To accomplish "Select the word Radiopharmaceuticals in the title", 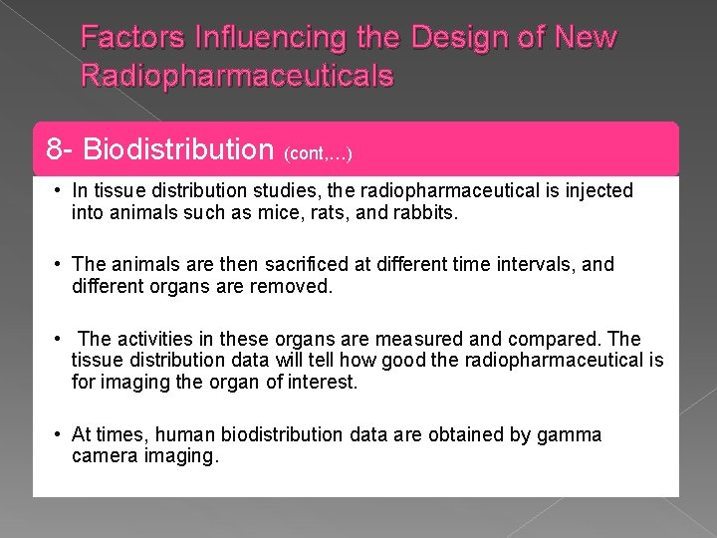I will [237, 75].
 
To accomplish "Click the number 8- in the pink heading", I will [61, 149].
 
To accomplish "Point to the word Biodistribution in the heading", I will [179, 149].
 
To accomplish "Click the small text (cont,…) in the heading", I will [319, 153].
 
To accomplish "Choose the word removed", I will [296, 286].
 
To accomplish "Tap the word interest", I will [322, 382].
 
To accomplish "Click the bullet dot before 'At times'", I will [61, 434].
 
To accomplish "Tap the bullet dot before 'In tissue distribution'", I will [61, 190].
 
